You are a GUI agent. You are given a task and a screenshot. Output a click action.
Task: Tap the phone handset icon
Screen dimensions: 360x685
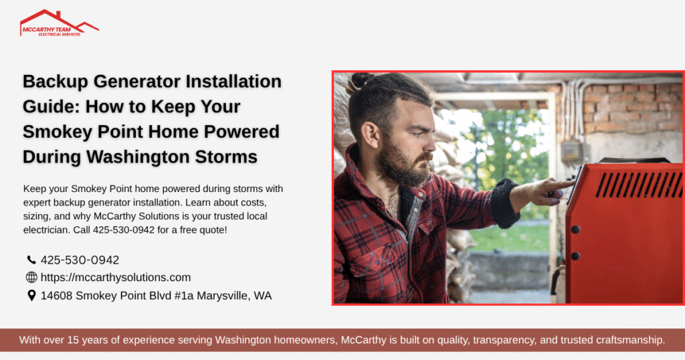(x=31, y=260)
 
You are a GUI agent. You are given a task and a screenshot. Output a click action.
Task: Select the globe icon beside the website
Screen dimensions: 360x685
(x=31, y=277)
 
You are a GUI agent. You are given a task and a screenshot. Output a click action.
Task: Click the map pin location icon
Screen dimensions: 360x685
(x=31, y=295)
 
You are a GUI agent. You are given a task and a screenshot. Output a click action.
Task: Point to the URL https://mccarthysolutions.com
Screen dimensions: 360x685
(x=116, y=277)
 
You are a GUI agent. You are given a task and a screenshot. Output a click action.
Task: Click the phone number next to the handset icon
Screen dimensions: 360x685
(x=80, y=260)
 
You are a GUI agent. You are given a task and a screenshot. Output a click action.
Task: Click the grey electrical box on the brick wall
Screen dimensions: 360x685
(x=570, y=150)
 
